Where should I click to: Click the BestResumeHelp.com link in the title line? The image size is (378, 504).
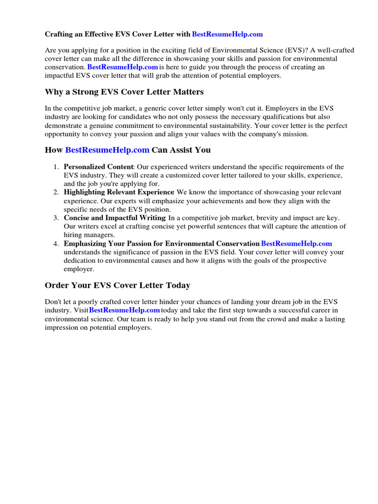[227, 34]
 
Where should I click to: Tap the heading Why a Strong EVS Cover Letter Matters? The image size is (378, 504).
[124, 92]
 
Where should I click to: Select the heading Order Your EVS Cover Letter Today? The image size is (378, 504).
[117, 285]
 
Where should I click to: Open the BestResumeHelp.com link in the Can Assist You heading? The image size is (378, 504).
[107, 150]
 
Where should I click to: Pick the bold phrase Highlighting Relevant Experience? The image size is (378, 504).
[119, 192]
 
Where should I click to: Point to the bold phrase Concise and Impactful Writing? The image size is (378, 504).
[115, 218]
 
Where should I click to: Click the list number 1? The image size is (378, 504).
[56, 167]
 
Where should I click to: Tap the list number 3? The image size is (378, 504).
[56, 218]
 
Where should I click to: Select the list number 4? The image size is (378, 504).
[56, 243]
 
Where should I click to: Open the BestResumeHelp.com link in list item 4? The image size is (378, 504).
[296, 243]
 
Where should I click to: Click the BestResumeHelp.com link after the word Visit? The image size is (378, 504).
[125, 310]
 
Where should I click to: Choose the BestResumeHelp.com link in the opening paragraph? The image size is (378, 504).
[123, 67]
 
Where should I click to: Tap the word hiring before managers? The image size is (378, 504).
[73, 235]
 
